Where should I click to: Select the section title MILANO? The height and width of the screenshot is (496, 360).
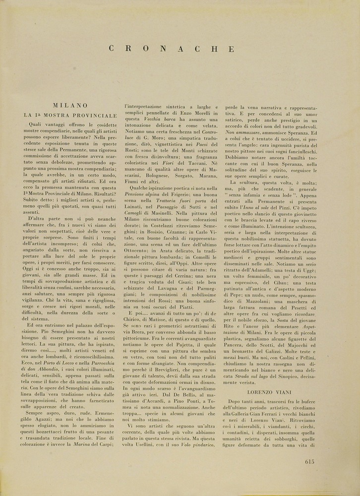click(x=70, y=106)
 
